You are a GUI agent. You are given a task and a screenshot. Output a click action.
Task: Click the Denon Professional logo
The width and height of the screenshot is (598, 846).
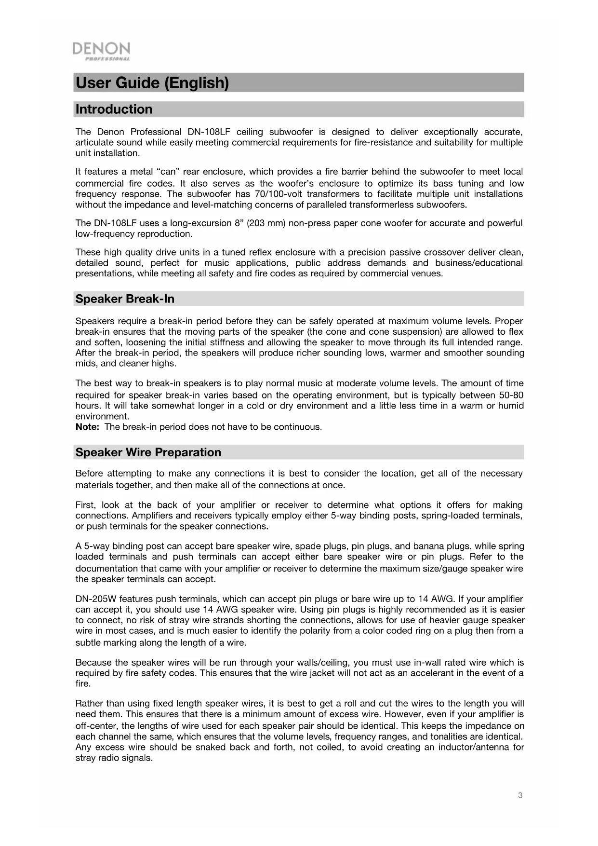pyautogui.click(x=101, y=51)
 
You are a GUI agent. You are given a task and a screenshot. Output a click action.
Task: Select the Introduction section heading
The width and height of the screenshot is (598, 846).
pyautogui.click(x=114, y=109)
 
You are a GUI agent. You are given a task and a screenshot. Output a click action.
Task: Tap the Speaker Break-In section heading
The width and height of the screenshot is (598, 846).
pyautogui.click(x=125, y=299)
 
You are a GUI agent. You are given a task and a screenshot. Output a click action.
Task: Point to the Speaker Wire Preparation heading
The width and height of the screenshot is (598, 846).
pyautogui.click(x=148, y=452)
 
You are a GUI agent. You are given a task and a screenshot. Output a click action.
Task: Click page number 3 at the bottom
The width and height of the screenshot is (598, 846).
pyautogui.click(x=520, y=795)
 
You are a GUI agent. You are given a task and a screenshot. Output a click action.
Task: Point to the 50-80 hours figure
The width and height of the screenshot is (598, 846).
pyautogui.click(x=511, y=396)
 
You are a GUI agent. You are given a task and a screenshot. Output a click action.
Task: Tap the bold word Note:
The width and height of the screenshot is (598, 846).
pyautogui.click(x=87, y=427)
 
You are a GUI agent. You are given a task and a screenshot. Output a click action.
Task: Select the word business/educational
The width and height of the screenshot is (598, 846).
pyautogui.click(x=478, y=263)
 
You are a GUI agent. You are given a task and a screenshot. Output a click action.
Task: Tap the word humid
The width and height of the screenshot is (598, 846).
pyautogui.click(x=511, y=406)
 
